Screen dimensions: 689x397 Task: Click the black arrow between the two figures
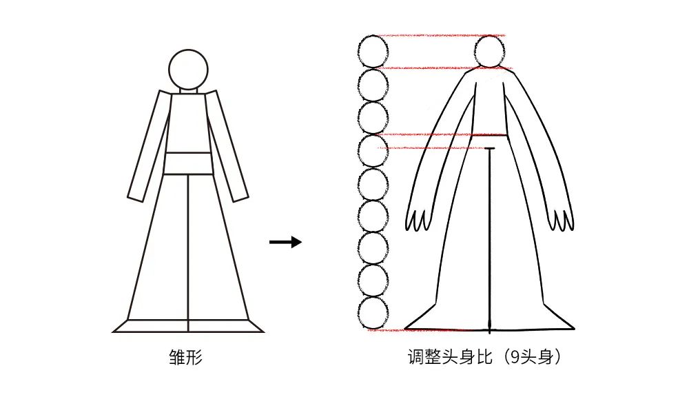(x=286, y=242)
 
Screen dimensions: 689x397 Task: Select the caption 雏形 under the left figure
(x=186, y=357)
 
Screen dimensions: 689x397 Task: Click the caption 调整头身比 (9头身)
(x=484, y=356)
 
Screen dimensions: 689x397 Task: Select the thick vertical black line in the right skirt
(x=489, y=241)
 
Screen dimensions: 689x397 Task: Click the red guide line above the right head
(x=444, y=36)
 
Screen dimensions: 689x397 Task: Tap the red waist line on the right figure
(x=444, y=134)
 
